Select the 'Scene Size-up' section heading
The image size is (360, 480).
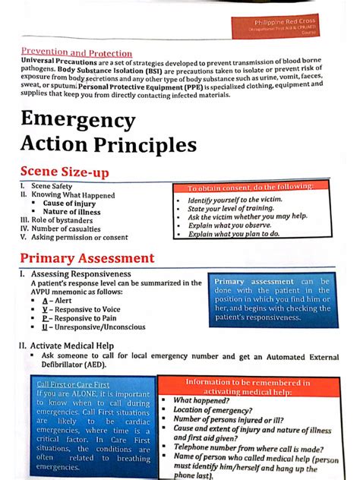[65, 172]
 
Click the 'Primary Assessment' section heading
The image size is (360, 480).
[87, 258]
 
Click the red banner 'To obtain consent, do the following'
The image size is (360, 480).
[250, 187]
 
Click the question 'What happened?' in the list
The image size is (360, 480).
[201, 400]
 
